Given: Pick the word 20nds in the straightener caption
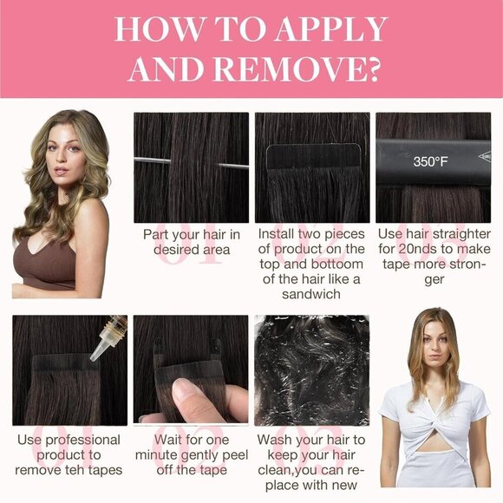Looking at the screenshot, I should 417,250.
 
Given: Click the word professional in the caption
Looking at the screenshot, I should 81,440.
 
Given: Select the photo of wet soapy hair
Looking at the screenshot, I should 310,369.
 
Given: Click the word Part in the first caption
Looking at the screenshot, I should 160,234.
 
